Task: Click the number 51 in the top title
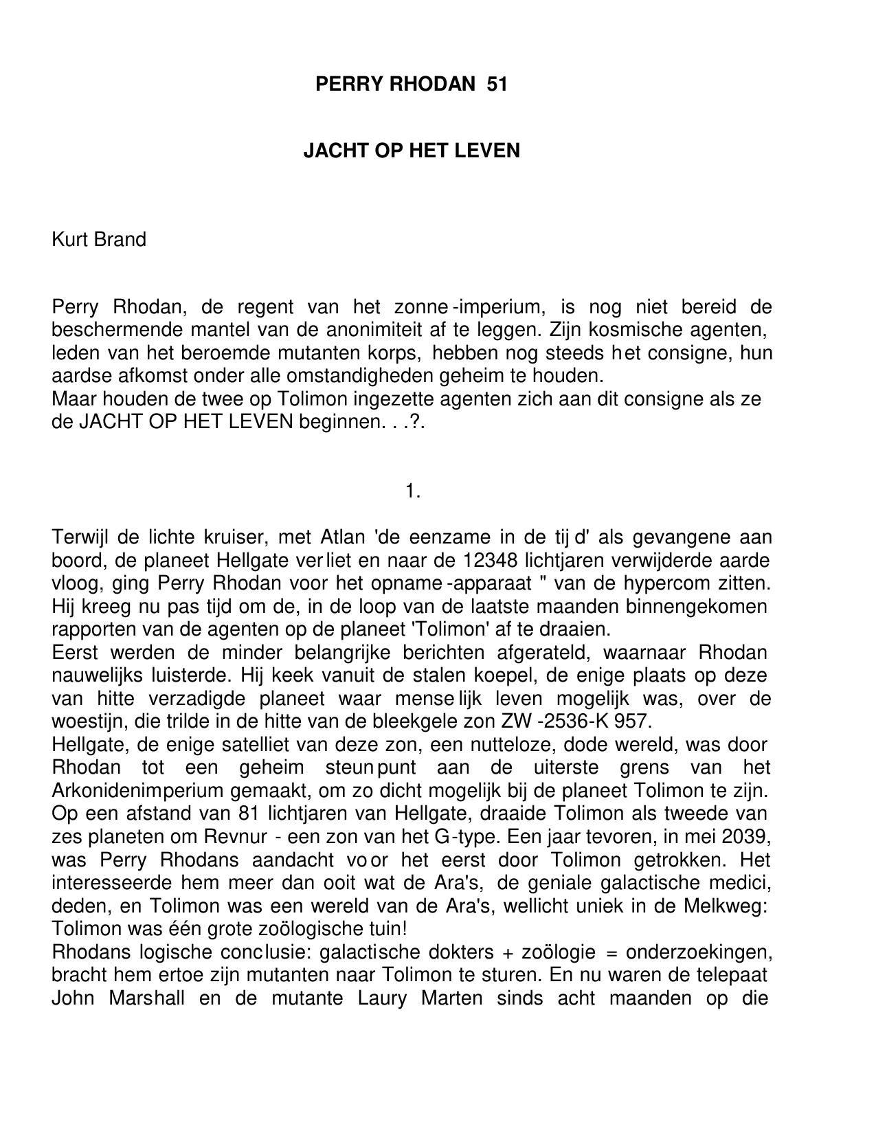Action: [x=496, y=85]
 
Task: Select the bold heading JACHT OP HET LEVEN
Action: [x=412, y=150]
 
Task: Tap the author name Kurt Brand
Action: [x=99, y=240]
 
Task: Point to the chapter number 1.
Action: [x=412, y=491]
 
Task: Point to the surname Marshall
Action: [x=146, y=998]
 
